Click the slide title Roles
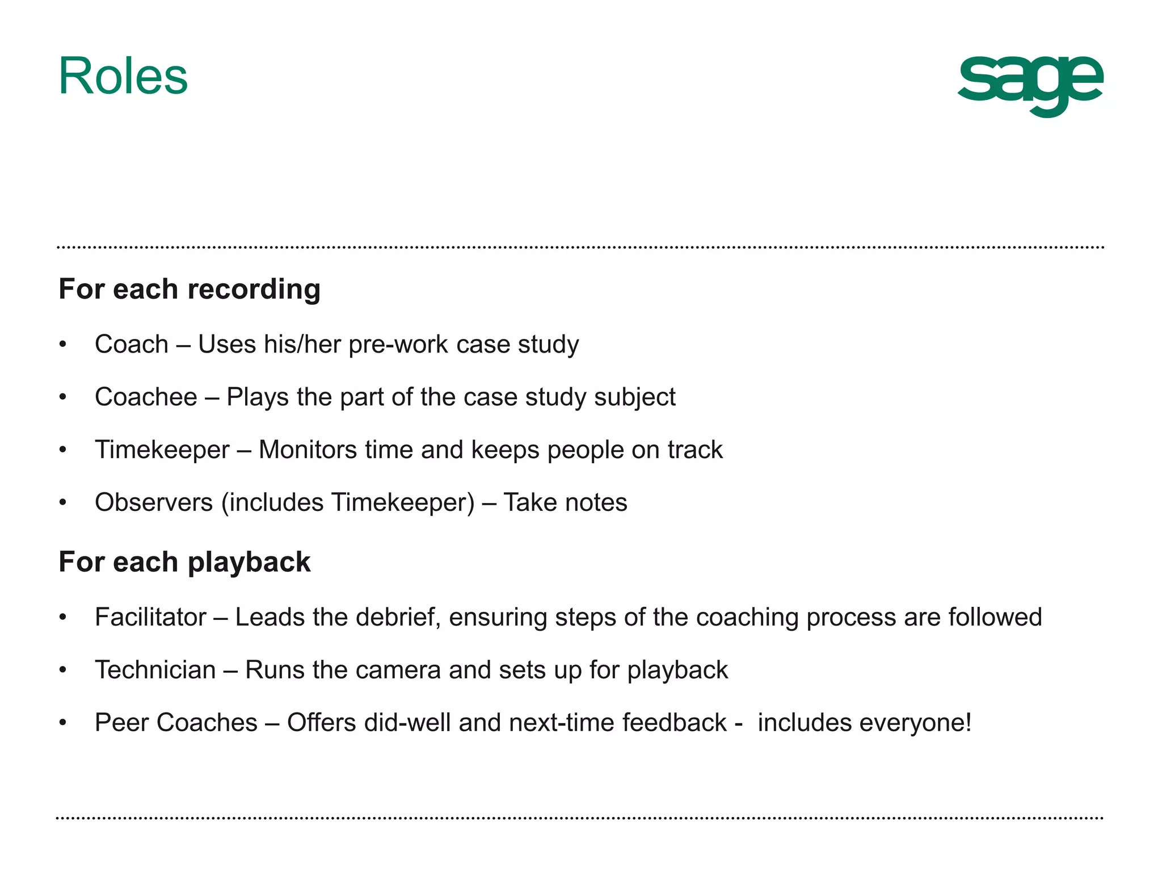[123, 77]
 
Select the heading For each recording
[190, 289]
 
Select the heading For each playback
[184, 562]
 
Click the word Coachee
[146, 397]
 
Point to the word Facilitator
[150, 617]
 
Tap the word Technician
[155, 670]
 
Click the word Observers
[154, 502]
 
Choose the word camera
[398, 670]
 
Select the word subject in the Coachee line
[634, 397]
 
